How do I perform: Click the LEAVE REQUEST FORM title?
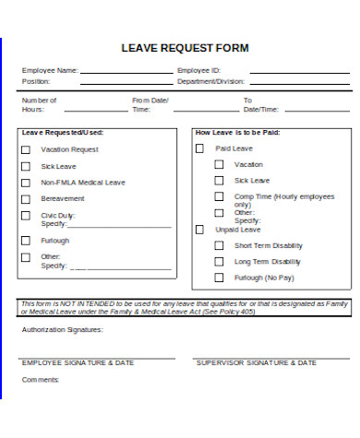tap(185, 48)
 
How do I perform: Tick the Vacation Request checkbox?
tap(26, 149)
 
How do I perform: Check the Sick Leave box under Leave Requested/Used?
tap(26, 166)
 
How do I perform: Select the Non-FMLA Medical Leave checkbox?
tap(26, 183)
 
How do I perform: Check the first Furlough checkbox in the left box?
tap(26, 241)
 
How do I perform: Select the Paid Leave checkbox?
tap(199, 148)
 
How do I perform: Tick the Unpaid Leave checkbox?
tap(199, 230)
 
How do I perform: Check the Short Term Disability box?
tap(219, 245)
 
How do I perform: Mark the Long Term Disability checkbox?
tap(219, 261)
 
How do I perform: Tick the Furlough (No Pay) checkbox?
tap(219, 277)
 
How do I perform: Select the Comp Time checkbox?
tap(219, 196)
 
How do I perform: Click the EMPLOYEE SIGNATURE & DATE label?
tap(78, 362)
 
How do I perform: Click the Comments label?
tap(41, 379)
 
